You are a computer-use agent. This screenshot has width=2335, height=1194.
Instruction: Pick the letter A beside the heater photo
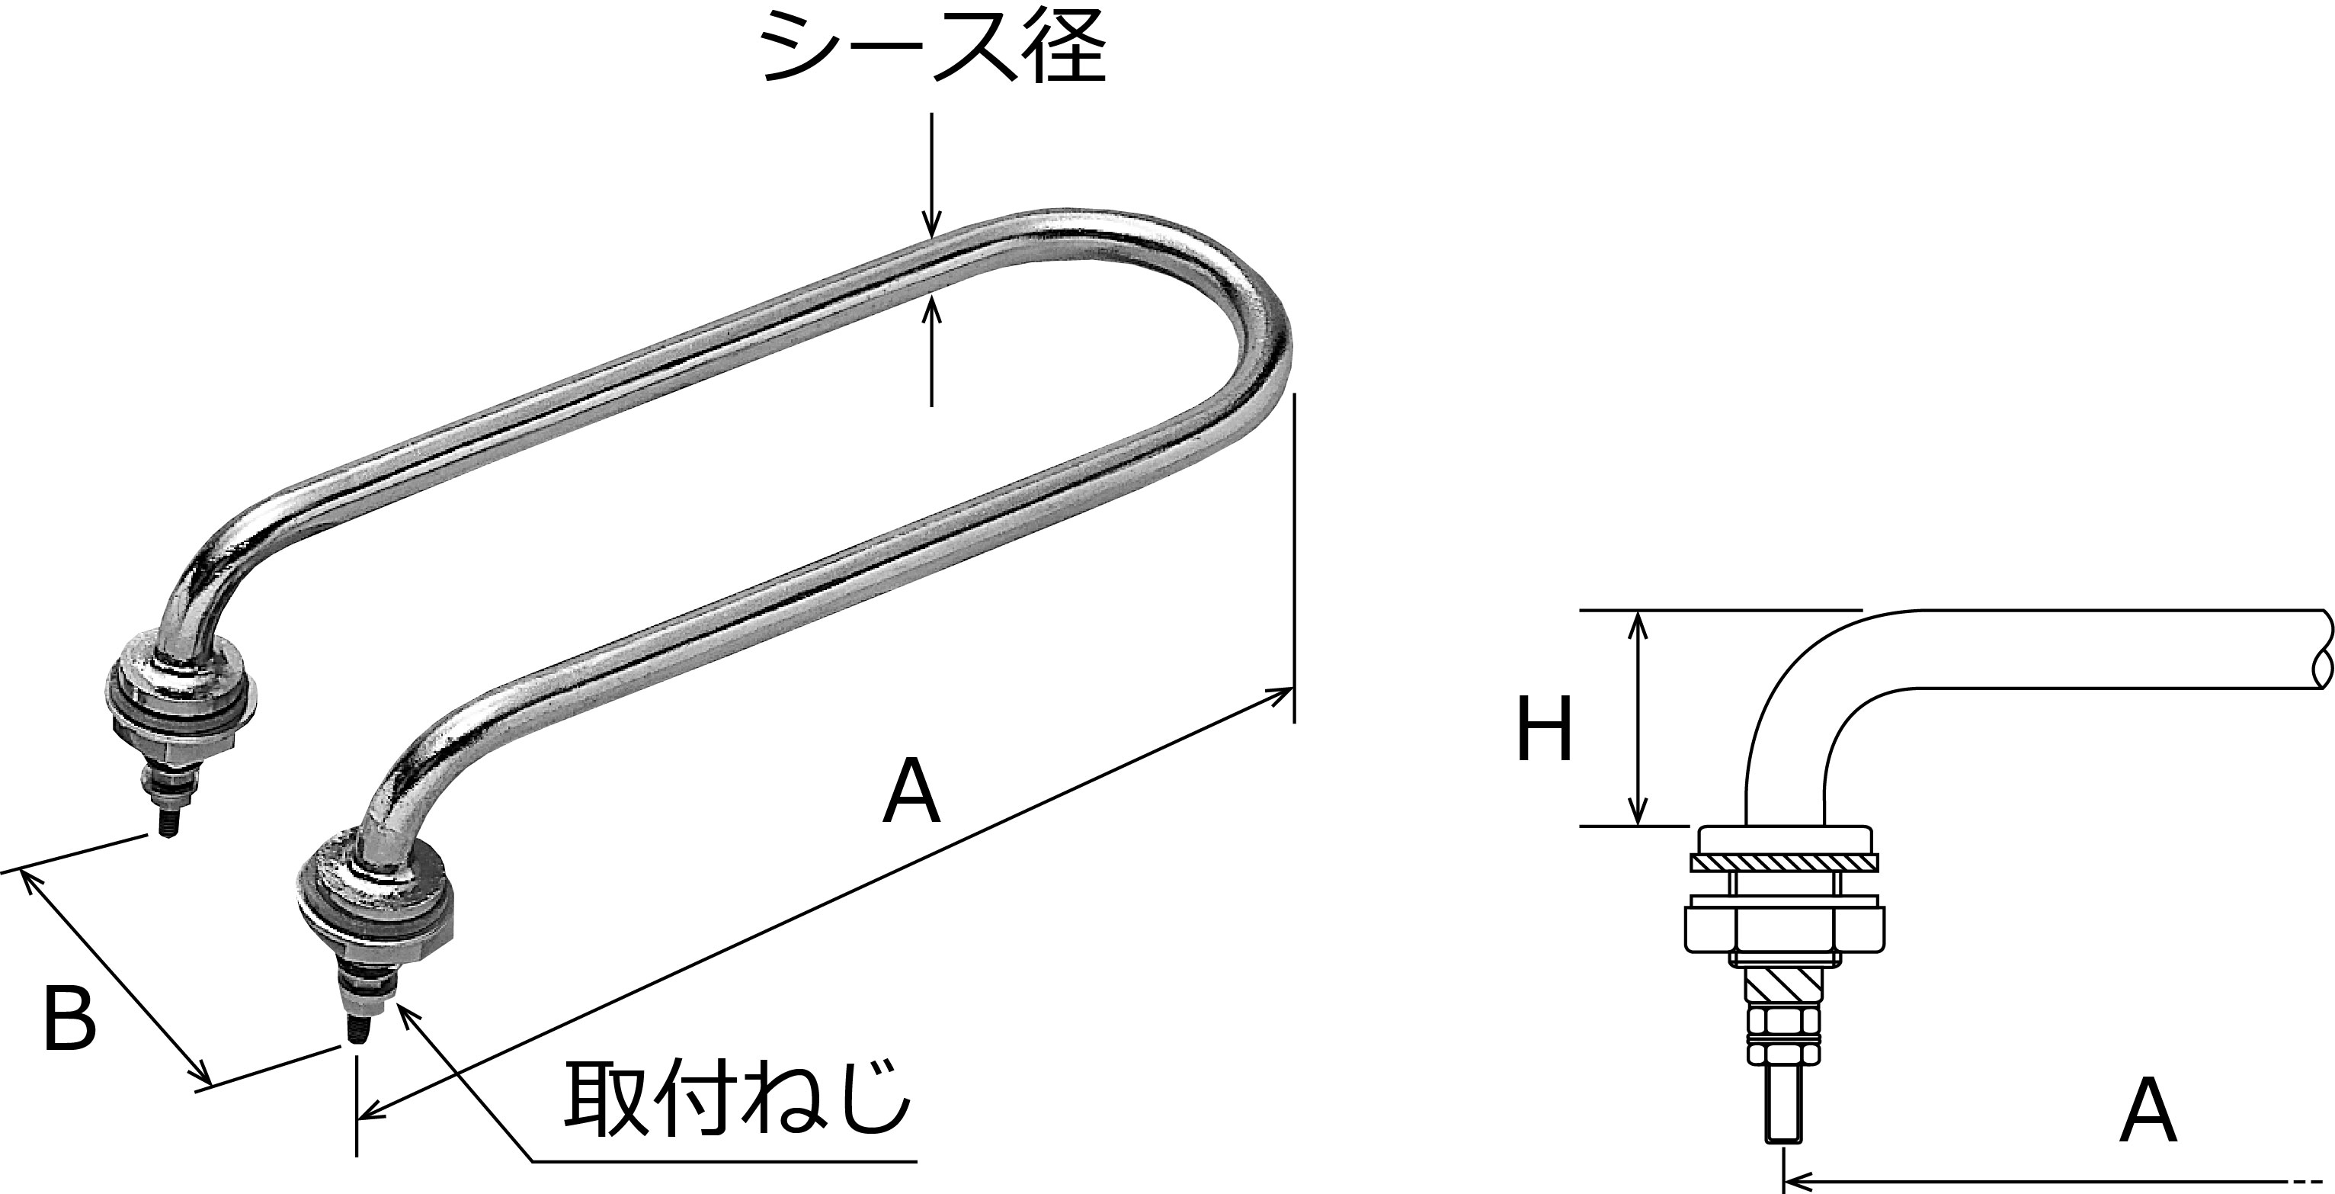coord(912,791)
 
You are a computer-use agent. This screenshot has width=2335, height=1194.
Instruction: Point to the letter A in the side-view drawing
coord(2148,1111)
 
